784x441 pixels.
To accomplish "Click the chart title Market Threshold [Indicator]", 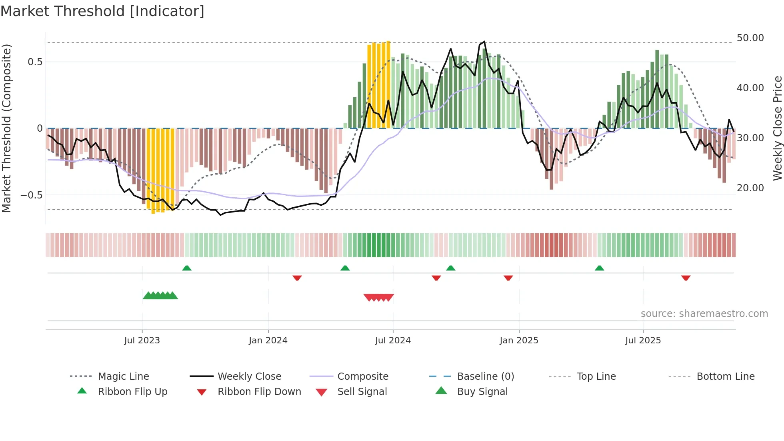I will (102, 11).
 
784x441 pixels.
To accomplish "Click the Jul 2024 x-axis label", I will (393, 340).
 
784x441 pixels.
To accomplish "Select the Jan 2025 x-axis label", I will (519, 340).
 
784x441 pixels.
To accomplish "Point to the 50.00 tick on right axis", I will (750, 38).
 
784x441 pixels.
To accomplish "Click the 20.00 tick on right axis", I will (750, 188).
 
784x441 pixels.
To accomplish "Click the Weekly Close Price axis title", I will (777, 128).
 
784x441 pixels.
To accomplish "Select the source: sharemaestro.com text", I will (704, 313).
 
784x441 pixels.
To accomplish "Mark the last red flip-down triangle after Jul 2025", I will (686, 278).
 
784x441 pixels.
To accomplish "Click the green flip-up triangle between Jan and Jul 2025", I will (599, 268).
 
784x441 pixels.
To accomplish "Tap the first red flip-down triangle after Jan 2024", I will (297, 278).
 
